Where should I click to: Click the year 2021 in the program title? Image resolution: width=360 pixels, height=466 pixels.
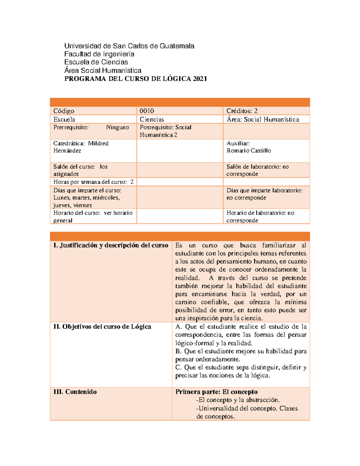click(x=200, y=79)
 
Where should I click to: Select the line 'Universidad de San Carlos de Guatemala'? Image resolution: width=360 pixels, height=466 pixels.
click(x=129, y=46)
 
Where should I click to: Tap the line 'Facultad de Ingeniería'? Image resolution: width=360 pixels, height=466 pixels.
click(x=99, y=54)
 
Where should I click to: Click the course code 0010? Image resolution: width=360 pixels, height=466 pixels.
click(x=147, y=111)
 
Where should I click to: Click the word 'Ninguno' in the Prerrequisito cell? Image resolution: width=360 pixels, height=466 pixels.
click(x=117, y=128)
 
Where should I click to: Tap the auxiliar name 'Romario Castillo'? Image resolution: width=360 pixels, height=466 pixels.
click(x=248, y=151)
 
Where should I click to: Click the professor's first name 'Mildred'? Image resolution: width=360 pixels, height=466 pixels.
click(x=98, y=143)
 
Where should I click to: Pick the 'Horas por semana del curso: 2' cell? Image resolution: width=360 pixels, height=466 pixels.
click(x=93, y=182)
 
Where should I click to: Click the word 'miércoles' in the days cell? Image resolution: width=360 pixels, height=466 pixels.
click(x=106, y=198)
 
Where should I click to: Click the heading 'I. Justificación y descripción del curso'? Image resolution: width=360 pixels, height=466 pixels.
click(x=111, y=245)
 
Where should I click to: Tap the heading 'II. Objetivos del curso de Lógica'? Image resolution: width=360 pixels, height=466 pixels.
click(x=102, y=327)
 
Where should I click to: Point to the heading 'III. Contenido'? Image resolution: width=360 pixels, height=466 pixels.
click(x=75, y=392)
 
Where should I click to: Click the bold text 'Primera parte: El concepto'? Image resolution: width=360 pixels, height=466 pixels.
click(x=216, y=392)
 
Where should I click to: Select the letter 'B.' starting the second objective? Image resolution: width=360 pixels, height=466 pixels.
click(x=178, y=351)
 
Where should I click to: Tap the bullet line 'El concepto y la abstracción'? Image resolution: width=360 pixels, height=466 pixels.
click(x=238, y=400)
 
